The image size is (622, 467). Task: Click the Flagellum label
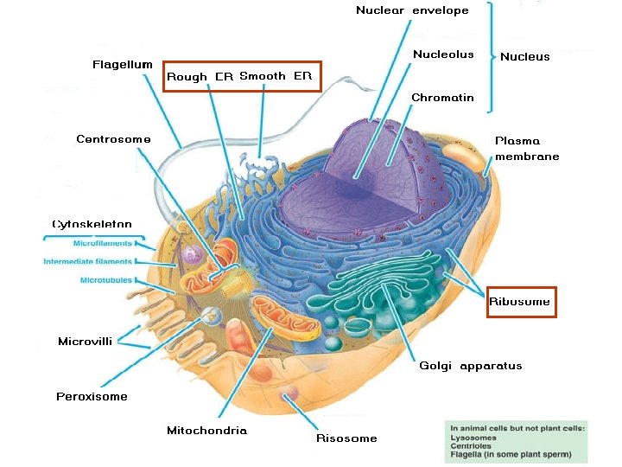coord(122,65)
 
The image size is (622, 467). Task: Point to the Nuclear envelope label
coord(412,10)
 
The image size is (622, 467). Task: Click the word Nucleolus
coord(443,54)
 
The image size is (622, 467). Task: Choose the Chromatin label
coord(442,98)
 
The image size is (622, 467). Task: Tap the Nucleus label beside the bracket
coord(524,57)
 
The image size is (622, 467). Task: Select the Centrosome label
coord(113,139)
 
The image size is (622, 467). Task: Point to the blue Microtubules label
coord(105,280)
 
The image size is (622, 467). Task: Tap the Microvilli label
coord(85,342)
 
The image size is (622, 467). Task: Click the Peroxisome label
coord(92,397)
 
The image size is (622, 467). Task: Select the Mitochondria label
coord(206,431)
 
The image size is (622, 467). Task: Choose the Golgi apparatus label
coord(470,366)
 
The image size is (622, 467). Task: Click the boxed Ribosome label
coord(519,302)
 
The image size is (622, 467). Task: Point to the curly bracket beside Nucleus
coord(492,56)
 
